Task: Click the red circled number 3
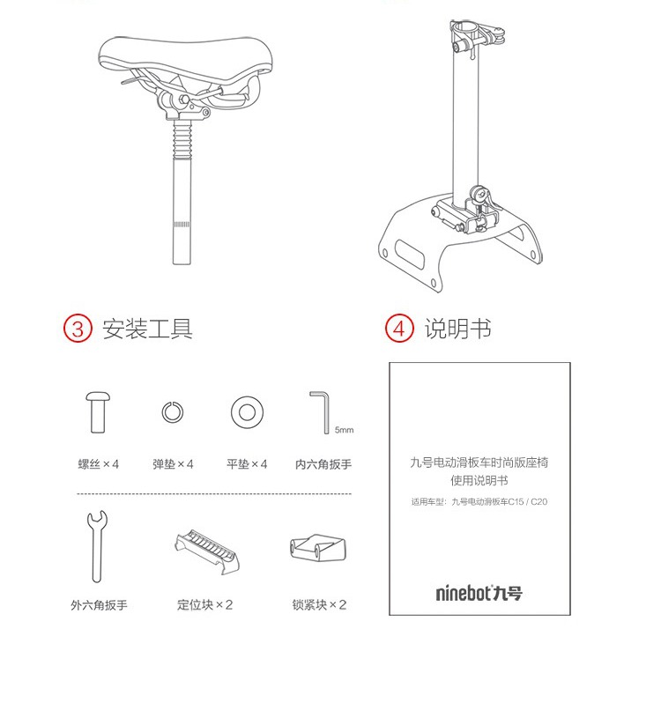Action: (78, 329)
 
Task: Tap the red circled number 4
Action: (398, 329)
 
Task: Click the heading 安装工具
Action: (147, 329)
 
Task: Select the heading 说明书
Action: (458, 329)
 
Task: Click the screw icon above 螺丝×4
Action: (98, 412)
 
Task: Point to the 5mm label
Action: (344, 430)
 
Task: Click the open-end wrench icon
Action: (97, 546)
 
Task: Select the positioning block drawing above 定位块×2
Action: (207, 551)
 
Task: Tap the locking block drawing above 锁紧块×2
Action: (318, 548)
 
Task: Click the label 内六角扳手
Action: (323, 464)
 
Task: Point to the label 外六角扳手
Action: (99, 605)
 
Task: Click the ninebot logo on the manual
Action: (479, 592)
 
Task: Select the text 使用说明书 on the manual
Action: (479, 480)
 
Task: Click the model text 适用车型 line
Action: (479, 501)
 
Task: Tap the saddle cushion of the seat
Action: (185, 57)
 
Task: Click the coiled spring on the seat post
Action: (182, 138)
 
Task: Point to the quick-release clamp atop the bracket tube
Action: (477, 36)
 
